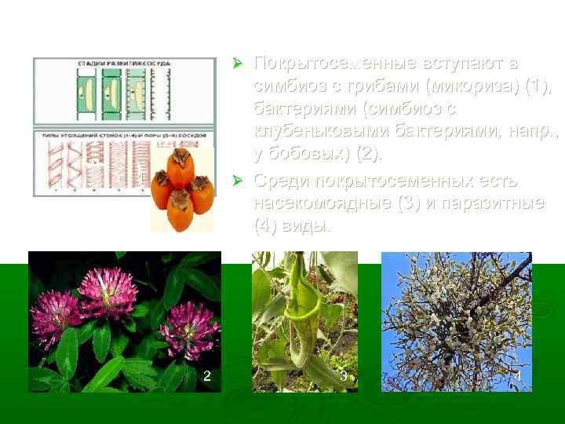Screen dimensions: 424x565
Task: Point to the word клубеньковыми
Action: pos(321,129)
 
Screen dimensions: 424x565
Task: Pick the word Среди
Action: pos(281,182)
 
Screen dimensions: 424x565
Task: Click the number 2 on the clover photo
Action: pos(206,376)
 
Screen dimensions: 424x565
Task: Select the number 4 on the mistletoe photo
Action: pos(516,377)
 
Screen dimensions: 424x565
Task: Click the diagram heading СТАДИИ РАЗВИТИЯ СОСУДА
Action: pos(125,62)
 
